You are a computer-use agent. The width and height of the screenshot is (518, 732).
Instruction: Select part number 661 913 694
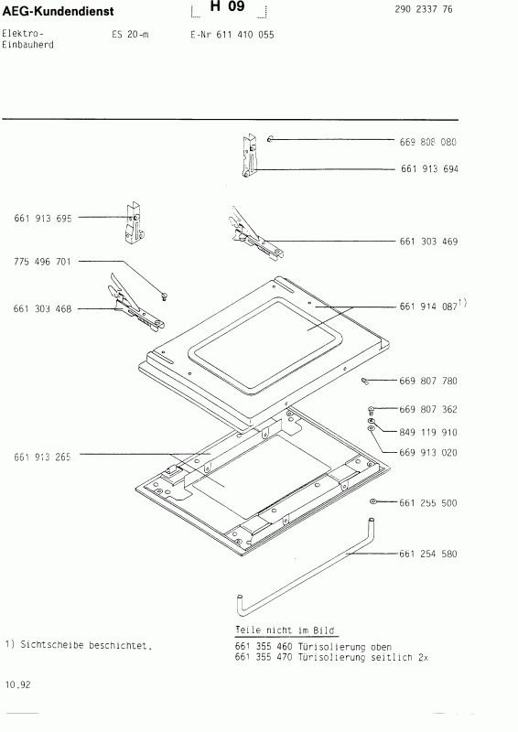(x=428, y=169)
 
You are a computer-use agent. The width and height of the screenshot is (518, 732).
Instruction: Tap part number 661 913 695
(x=42, y=218)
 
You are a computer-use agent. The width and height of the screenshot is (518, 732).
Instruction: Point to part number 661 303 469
(x=428, y=242)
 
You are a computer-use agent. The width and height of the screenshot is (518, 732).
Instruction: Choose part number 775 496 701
(x=42, y=262)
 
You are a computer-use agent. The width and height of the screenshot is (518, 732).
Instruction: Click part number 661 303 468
(x=42, y=309)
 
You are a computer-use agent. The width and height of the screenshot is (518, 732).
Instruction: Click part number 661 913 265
(x=42, y=455)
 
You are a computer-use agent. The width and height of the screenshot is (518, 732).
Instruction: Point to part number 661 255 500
(x=428, y=503)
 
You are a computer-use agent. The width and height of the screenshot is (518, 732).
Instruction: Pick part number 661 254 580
(x=428, y=554)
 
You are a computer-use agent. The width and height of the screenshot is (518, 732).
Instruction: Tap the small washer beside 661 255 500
(x=375, y=503)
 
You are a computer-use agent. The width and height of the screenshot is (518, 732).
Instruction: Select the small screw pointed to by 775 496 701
(x=163, y=295)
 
